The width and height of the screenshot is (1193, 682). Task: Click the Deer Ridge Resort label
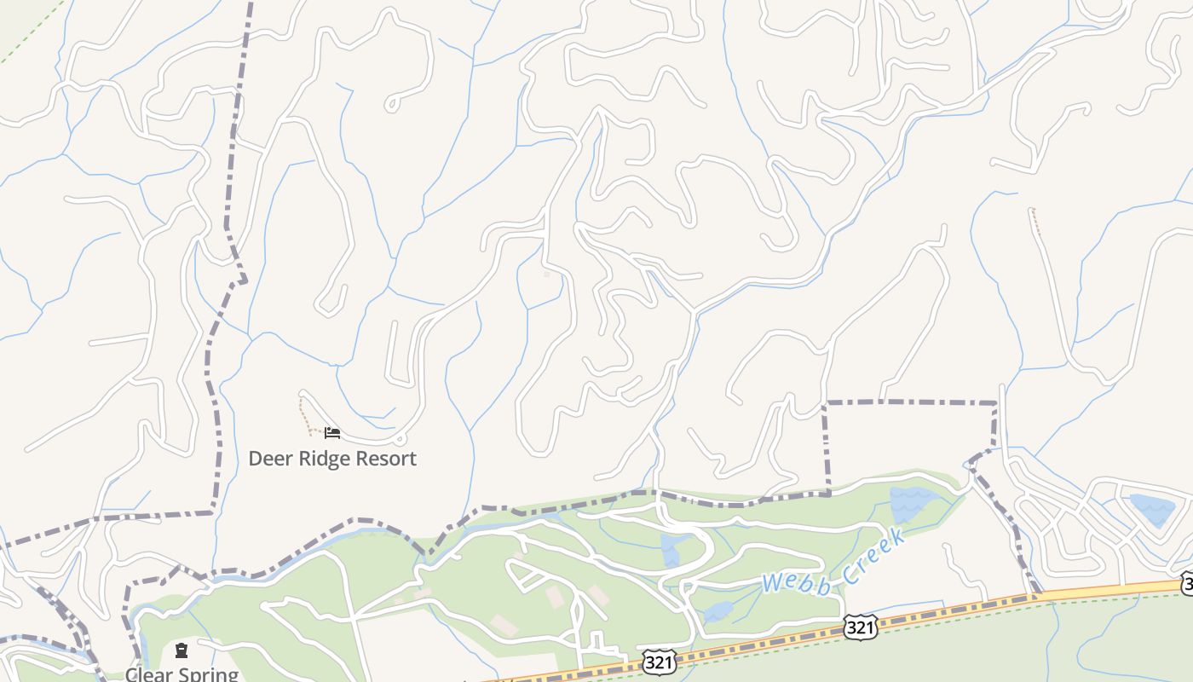332,459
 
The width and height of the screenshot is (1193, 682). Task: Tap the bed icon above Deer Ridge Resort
332,433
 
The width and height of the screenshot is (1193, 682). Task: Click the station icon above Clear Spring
182,651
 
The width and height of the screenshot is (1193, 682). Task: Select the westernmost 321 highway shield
660,662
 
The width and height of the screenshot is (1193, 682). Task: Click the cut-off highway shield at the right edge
1187,584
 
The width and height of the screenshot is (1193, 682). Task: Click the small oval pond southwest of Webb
718,611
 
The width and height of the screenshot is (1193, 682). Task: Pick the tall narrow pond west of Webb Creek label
671,551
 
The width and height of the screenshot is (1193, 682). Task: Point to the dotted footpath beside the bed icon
303,416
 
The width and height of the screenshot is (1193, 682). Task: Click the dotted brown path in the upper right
1035,222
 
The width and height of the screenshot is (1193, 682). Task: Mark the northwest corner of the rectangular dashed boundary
825,402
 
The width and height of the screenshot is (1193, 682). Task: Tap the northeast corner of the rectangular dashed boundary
995,402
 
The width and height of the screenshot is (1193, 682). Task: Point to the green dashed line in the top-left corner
30,34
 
